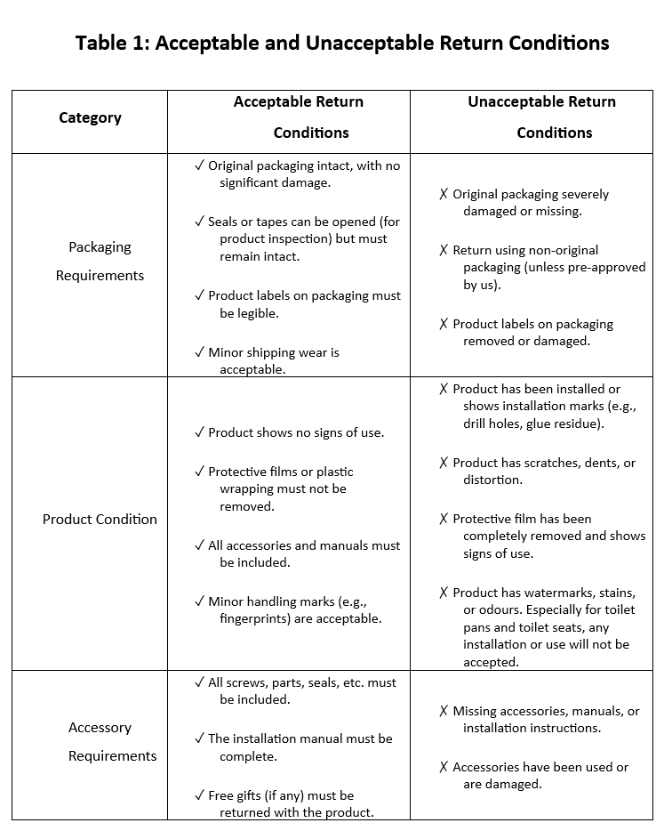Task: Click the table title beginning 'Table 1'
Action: tap(342, 43)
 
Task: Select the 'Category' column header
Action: tap(90, 117)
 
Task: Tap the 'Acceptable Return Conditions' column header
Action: tap(299, 117)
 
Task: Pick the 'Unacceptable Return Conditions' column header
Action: tap(541, 117)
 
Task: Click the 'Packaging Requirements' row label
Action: tap(100, 261)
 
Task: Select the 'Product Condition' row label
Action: tap(100, 519)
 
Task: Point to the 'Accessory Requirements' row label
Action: tap(100, 741)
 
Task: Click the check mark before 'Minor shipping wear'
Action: tap(199, 352)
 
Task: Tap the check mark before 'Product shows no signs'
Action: tap(199, 432)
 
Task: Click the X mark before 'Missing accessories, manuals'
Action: tap(444, 711)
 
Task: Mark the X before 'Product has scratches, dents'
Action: tap(444, 463)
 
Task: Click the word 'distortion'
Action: tap(492, 480)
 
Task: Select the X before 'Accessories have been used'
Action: tap(444, 767)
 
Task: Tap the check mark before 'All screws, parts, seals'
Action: tap(199, 682)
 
